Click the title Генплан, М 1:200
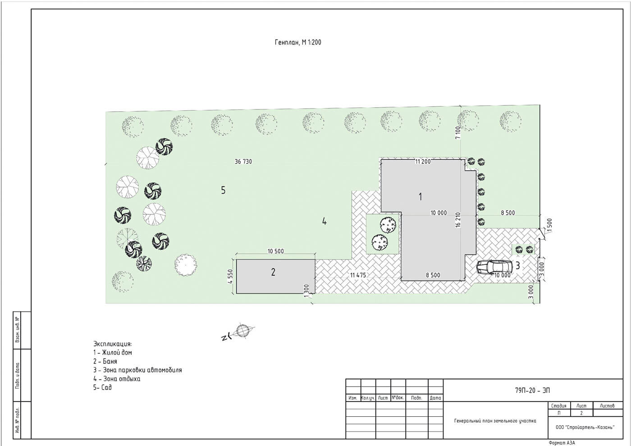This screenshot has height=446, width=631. click(x=298, y=42)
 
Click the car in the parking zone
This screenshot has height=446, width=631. click(x=494, y=267)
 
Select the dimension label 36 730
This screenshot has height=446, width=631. click(x=243, y=162)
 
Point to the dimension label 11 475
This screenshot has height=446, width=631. click(x=358, y=275)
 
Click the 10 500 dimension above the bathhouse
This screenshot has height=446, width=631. click(x=275, y=251)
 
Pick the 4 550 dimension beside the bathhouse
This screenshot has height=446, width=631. click(x=230, y=277)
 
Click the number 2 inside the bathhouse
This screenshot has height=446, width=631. click(x=273, y=272)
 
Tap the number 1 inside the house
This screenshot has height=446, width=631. click(x=420, y=196)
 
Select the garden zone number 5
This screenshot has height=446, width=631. click(x=223, y=190)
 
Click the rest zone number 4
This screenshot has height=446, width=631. click(x=324, y=222)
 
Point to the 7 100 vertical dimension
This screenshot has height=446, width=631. click(x=458, y=132)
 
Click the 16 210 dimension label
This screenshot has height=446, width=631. click(x=458, y=220)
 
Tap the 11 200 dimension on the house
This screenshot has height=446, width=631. click(x=423, y=162)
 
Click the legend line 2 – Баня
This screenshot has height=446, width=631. click(x=105, y=361)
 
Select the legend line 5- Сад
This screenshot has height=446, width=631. click(x=103, y=387)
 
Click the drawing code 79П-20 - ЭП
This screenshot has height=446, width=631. click(x=532, y=391)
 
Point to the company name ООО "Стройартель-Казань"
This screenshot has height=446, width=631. click(x=585, y=428)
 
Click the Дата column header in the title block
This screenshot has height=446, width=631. click(x=435, y=398)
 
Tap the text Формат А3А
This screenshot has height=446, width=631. click(x=562, y=443)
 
